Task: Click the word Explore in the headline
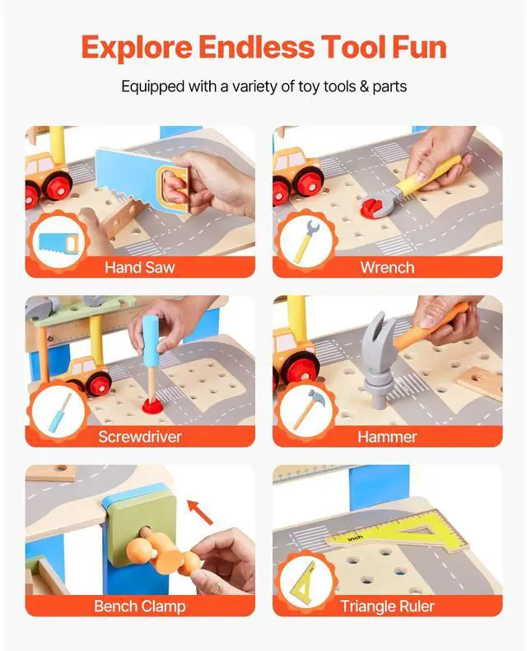[137, 48]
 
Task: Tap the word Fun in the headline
[419, 47]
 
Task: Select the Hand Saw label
[139, 267]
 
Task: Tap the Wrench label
[387, 267]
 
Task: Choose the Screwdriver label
[140, 437]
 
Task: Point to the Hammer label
[387, 437]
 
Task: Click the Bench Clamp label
[140, 607]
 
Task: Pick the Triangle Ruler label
[387, 607]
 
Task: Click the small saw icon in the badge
[58, 243]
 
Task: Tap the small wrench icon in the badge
[306, 241]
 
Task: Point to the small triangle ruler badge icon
[305, 579]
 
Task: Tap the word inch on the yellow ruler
[354, 538]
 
